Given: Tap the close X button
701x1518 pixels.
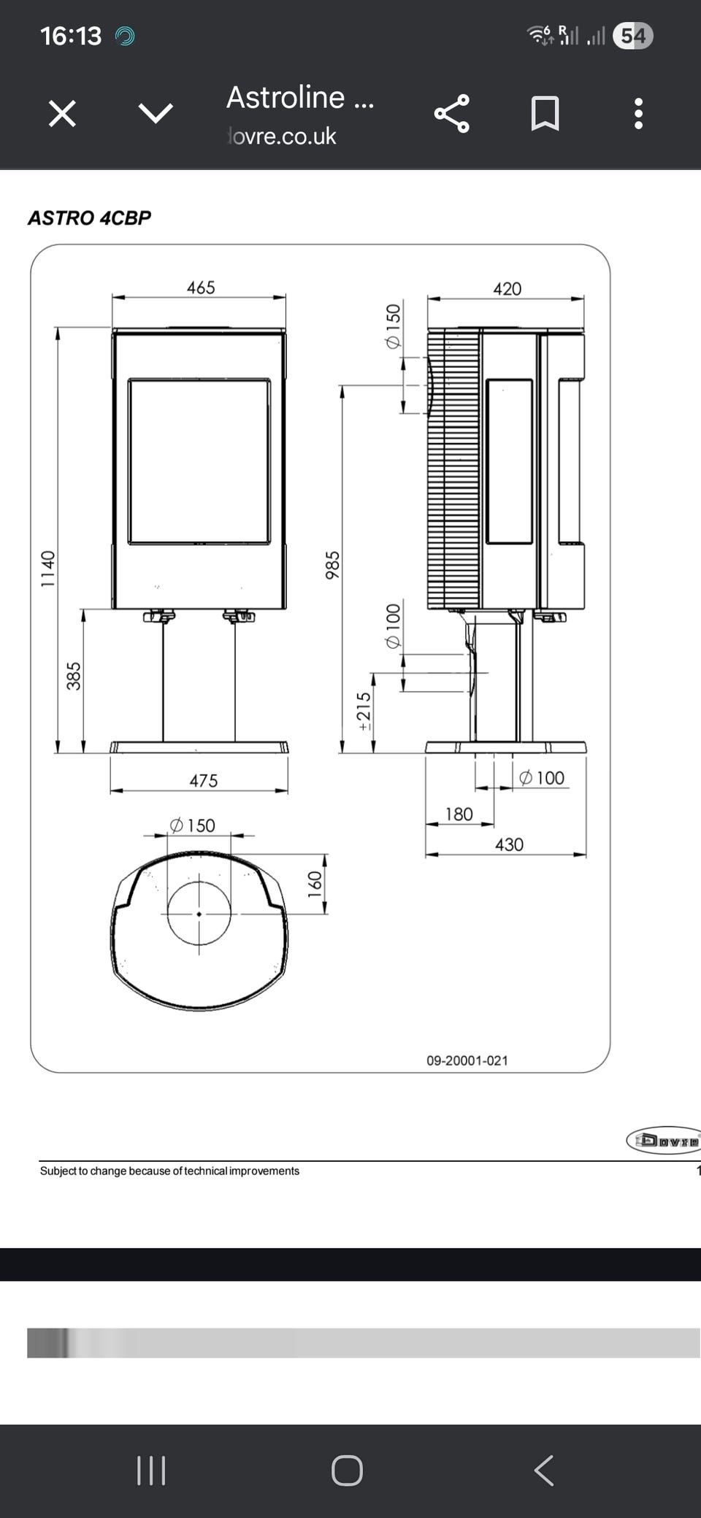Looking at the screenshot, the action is [x=62, y=114].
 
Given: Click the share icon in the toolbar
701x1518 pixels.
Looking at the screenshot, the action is [x=451, y=114].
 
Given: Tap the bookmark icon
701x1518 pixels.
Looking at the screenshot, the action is [x=545, y=114].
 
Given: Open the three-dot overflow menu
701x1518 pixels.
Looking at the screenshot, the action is [x=638, y=114].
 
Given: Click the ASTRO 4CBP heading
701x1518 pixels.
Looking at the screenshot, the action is [x=89, y=217].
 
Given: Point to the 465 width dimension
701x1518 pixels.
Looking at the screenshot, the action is [x=201, y=288].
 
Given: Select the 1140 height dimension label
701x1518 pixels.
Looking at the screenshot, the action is [x=48, y=569].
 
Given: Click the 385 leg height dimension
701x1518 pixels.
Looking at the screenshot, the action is [x=74, y=676].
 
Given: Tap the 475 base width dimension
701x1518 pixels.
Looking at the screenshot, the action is [x=204, y=781].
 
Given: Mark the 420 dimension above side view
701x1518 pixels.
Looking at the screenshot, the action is [x=507, y=289].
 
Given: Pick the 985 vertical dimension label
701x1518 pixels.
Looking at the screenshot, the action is [x=333, y=566].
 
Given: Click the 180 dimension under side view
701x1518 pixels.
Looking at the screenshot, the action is [x=459, y=814].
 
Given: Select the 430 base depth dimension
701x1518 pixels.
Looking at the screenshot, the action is [x=509, y=844].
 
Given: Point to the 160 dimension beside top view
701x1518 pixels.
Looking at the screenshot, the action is [x=315, y=884].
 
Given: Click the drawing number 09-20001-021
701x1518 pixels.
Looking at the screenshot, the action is [x=467, y=1060].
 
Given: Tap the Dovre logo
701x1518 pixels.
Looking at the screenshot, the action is [x=663, y=1140].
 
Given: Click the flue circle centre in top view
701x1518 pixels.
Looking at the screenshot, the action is [x=199, y=913].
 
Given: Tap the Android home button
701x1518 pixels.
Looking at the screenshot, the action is [x=347, y=1471].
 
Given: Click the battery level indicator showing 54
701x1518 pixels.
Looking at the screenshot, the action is [x=633, y=36].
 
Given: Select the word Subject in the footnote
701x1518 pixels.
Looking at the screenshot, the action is [x=58, y=1171].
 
